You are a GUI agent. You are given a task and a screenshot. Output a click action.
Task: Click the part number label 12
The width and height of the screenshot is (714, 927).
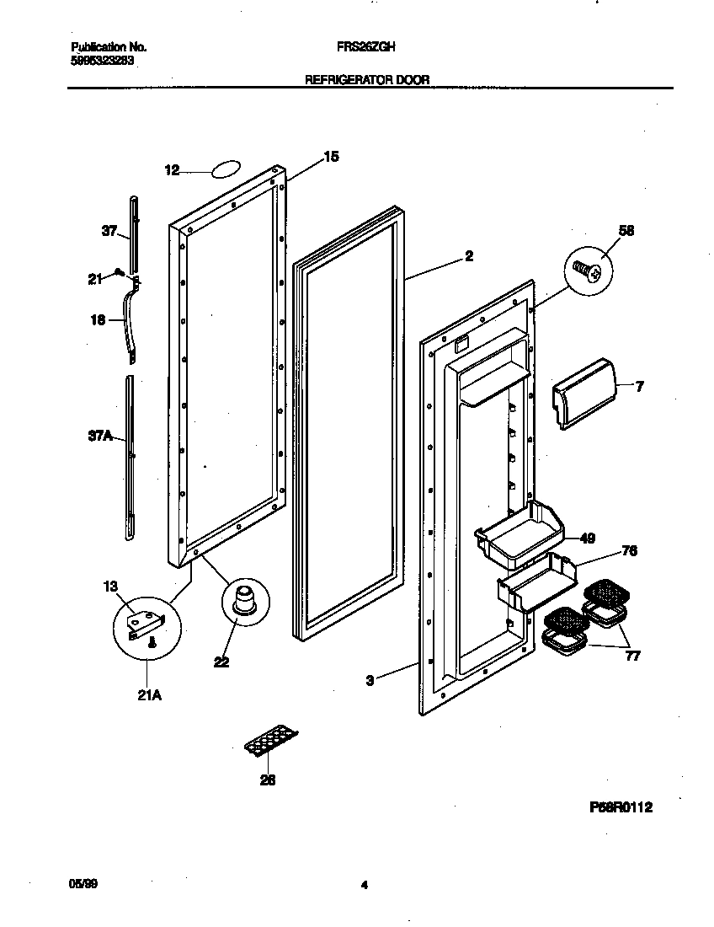click(x=172, y=170)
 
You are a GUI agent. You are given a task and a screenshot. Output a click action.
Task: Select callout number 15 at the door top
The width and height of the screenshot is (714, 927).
click(x=331, y=156)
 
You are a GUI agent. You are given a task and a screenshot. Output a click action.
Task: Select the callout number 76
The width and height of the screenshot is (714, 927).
click(x=628, y=551)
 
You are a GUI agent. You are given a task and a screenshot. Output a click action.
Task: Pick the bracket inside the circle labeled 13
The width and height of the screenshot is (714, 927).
click(x=143, y=624)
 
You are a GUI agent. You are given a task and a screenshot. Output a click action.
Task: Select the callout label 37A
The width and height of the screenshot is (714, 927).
click(x=101, y=436)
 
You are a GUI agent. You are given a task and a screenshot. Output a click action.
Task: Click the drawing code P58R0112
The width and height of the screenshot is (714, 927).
click(x=621, y=807)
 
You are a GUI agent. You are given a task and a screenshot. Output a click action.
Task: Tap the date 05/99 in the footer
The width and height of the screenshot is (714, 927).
click(x=78, y=884)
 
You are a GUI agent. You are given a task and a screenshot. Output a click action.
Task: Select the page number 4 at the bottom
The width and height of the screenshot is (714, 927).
click(x=364, y=885)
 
